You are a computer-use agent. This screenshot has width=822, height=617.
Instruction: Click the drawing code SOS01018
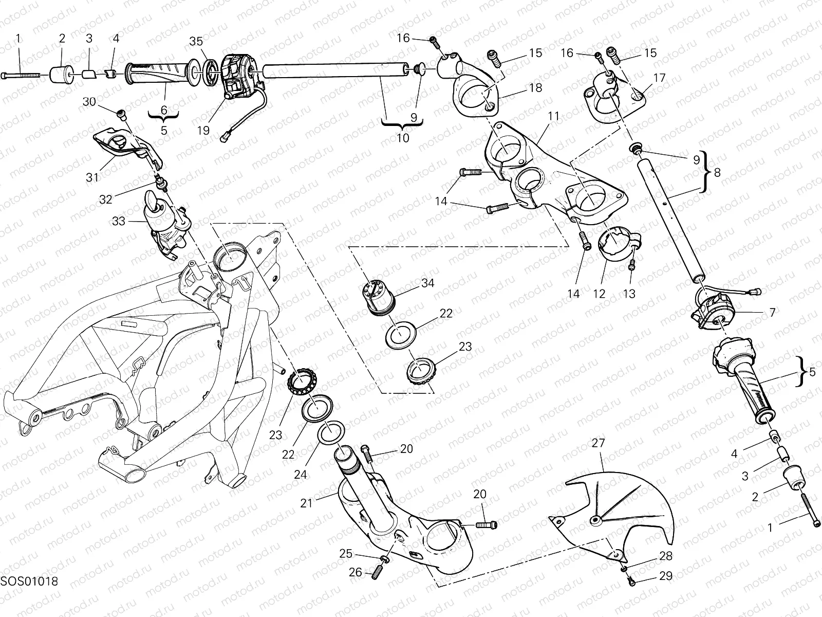(29, 582)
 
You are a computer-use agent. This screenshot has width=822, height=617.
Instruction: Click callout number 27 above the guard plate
(599, 443)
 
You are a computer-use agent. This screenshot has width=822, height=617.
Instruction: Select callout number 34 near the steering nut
(427, 283)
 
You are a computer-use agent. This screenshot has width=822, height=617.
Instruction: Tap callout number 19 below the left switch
(203, 130)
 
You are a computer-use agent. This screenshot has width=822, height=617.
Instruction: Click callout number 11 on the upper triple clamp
(553, 116)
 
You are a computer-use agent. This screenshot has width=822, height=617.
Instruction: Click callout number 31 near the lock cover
(92, 177)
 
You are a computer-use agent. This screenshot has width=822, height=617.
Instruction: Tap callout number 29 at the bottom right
(665, 576)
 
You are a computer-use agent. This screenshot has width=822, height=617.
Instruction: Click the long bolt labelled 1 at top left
(21, 75)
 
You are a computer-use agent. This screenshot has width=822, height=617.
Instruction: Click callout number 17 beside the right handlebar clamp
(659, 78)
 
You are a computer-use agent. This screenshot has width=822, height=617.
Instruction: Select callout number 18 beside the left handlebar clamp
(535, 88)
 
